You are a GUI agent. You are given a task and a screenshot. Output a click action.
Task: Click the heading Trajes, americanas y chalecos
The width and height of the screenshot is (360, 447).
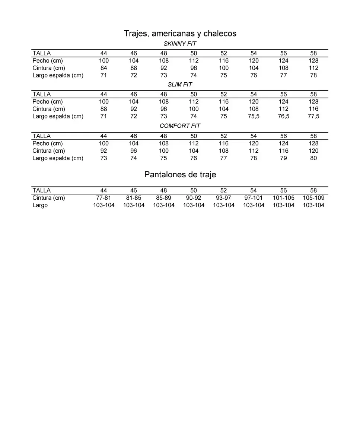click(x=180, y=34)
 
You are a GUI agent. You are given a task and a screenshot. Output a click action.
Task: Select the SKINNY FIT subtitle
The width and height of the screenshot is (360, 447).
click(x=180, y=44)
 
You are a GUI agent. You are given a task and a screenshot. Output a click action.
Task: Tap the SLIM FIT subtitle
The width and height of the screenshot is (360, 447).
click(x=180, y=85)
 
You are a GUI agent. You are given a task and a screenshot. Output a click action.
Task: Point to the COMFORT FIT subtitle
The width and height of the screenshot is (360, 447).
click(x=180, y=126)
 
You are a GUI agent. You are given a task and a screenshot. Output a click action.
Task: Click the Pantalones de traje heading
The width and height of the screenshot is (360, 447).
click(x=180, y=174)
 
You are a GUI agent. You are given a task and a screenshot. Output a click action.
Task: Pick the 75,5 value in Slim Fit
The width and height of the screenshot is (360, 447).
click(x=254, y=116)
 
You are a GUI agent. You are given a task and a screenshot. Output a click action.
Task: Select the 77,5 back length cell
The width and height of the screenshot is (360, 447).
click(x=313, y=116)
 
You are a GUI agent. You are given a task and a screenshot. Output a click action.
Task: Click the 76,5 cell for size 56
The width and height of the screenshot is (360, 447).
click(x=283, y=116)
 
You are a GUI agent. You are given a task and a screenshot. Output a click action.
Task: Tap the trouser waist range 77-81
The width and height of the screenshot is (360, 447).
click(x=103, y=198)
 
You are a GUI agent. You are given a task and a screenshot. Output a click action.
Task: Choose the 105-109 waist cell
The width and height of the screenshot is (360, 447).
click(x=313, y=198)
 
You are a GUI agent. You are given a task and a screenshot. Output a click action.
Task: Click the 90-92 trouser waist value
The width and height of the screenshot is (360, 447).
click(x=194, y=198)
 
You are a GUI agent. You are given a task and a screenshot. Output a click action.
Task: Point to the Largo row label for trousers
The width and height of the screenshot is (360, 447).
click(x=40, y=205)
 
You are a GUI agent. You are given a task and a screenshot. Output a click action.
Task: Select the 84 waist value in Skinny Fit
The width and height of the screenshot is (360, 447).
click(x=103, y=68)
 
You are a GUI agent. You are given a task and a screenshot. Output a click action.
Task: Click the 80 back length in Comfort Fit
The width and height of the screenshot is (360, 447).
click(x=313, y=158)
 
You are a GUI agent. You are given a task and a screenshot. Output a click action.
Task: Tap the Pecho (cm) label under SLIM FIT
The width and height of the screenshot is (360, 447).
click(x=48, y=102)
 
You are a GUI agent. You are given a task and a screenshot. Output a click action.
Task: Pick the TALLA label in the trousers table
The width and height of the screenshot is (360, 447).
click(x=41, y=190)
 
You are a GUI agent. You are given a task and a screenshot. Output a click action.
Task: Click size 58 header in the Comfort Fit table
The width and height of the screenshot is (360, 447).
click(x=313, y=136)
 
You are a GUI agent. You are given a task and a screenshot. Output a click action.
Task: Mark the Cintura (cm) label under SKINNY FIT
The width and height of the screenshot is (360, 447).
click(x=49, y=68)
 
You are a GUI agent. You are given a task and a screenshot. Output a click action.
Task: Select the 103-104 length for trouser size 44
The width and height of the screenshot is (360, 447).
click(x=103, y=205)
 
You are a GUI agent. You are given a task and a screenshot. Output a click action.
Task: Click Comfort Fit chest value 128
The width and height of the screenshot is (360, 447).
click(x=313, y=143)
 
